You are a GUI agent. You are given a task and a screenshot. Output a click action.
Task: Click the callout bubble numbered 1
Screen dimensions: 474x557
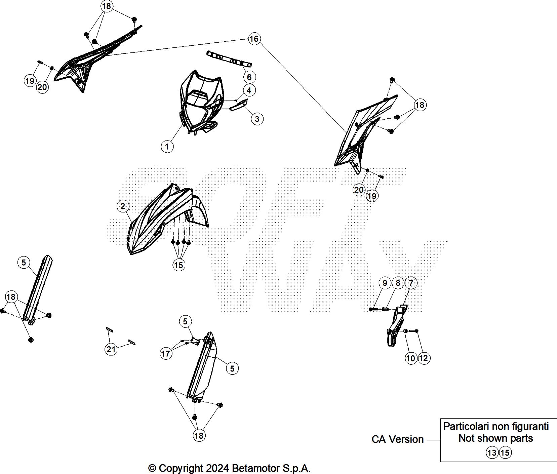[x=167, y=146]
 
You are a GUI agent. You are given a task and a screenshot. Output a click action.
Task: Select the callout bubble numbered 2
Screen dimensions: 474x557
[x=123, y=206]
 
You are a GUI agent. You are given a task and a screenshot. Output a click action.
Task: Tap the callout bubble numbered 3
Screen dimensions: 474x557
[x=257, y=118]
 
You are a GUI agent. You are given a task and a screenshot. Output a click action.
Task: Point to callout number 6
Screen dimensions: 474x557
[x=249, y=77]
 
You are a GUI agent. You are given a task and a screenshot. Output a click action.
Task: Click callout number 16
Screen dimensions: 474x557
[x=254, y=39]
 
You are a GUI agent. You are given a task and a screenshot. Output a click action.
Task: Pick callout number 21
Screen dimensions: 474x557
[x=111, y=349]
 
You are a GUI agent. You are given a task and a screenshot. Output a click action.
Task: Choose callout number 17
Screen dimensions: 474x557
[x=165, y=354]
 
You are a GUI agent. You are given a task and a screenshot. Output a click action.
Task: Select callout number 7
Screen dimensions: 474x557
[x=411, y=283]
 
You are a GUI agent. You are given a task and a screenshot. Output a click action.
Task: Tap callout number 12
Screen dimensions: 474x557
[x=424, y=358]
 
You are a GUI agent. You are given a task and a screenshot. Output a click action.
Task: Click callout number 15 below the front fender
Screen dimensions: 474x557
[x=178, y=265]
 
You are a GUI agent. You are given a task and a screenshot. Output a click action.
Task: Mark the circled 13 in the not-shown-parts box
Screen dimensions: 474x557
[x=492, y=453]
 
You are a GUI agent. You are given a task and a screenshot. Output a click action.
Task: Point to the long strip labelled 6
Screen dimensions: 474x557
[x=229, y=58]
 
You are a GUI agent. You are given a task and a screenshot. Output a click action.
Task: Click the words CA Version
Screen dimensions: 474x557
[x=397, y=439]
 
